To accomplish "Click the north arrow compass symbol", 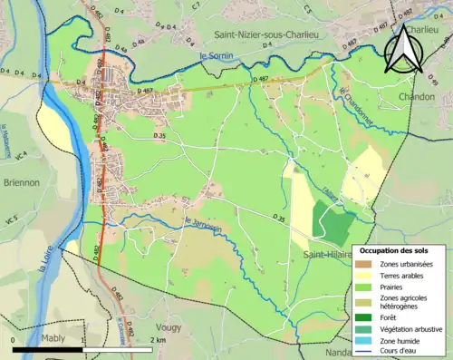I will coord(403,51).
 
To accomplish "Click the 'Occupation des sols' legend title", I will coord(400,250).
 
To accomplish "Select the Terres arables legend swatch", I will coord(365,277).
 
